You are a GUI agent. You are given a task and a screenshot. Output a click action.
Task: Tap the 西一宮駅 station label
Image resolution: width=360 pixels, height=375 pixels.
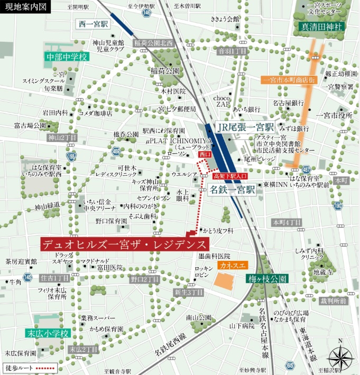pyautogui.click(x=93, y=24)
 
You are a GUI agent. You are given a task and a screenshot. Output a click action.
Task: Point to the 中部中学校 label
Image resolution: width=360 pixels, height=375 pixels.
pyautogui.click(x=66, y=56)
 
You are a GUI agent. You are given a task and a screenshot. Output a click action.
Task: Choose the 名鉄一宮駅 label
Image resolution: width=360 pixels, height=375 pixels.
pyautogui.click(x=232, y=189)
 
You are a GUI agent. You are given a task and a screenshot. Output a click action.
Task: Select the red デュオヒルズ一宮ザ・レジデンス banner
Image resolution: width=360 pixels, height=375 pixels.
pyautogui.click(x=125, y=244)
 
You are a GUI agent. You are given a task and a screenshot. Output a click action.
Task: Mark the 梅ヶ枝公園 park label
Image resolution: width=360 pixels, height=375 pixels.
pyautogui.click(x=266, y=279)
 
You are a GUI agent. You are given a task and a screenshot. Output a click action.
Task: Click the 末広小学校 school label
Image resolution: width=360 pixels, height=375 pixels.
pyautogui.click(x=48, y=333)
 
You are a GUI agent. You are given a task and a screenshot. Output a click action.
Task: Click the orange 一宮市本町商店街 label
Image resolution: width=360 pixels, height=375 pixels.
pyautogui.click(x=289, y=80)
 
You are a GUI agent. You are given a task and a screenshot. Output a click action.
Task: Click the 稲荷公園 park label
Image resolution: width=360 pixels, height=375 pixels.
pyautogui.click(x=165, y=70)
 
